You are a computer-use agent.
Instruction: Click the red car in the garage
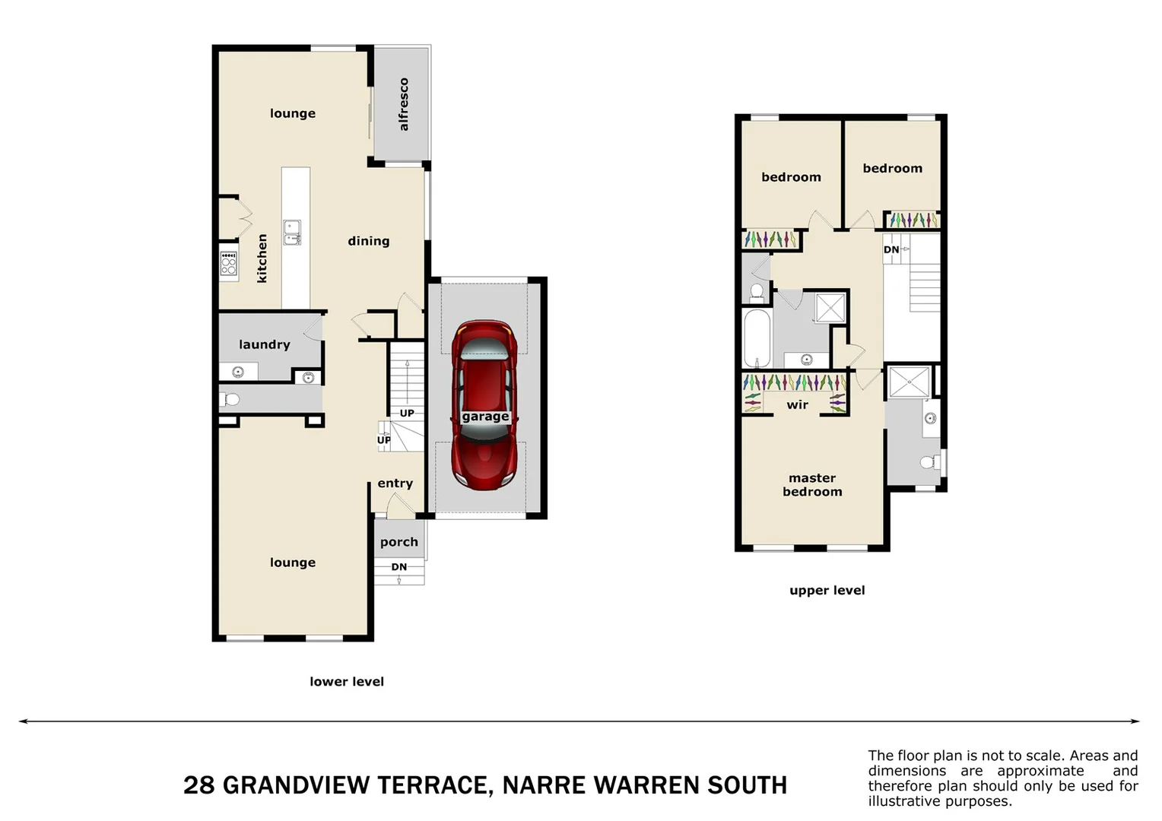(484, 404)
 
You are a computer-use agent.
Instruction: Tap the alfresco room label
(404, 104)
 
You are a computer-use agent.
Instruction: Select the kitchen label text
(262, 258)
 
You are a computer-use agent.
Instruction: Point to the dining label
(369, 241)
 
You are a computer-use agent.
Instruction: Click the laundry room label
(265, 344)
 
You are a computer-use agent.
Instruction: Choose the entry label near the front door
(395, 483)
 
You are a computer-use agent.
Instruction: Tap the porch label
(399, 542)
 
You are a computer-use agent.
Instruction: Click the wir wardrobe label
(797, 405)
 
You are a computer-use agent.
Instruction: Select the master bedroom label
(812, 485)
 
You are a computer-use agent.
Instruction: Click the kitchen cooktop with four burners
(228, 263)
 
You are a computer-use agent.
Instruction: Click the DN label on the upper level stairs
(891, 249)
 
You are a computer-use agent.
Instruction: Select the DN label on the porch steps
(399, 567)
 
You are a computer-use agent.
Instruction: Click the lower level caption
(347, 682)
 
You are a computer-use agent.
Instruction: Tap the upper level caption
(827, 591)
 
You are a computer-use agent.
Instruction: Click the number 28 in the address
(199, 785)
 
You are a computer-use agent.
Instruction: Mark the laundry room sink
(238, 372)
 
